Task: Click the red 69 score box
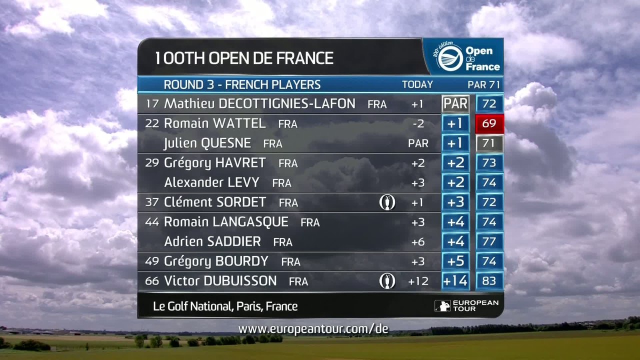point(489,123)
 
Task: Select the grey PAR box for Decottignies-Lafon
point(455,104)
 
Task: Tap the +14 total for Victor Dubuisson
point(455,281)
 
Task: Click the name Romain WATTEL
point(214,123)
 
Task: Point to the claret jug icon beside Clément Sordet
point(387,202)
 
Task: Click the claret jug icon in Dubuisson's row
point(387,281)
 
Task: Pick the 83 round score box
point(489,281)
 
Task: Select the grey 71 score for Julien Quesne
point(489,143)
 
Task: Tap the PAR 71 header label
point(483,85)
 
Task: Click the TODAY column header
point(417,85)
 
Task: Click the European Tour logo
point(466,305)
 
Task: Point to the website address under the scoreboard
point(313,329)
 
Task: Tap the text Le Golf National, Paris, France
point(225,306)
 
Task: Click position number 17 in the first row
point(152,103)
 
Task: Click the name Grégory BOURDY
point(216,261)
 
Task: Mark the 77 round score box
point(489,241)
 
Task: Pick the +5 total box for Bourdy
point(455,261)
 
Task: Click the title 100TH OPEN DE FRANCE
point(244,58)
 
